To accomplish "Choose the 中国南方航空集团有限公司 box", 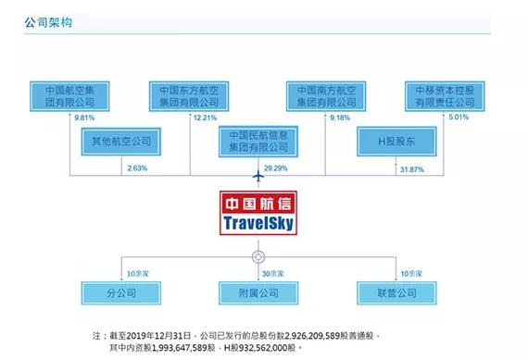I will point(327,97).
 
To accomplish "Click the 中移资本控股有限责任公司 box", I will point(446,97).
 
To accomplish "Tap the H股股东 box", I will point(396,143).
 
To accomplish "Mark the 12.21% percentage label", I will point(204,118).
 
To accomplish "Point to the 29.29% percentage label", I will point(277,169).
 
